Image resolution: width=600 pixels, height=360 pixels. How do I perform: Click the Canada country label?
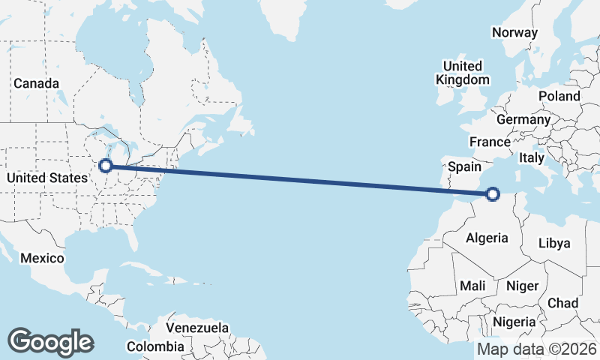35,83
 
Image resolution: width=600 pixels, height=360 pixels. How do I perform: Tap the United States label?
46,178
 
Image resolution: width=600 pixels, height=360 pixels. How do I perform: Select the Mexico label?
43,257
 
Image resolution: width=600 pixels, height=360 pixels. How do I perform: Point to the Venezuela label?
197,328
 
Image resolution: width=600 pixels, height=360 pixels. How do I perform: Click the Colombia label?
154,346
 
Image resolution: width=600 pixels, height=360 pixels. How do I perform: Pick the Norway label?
514,32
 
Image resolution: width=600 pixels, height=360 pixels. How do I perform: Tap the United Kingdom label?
463,72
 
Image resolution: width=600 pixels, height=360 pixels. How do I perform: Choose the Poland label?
559,96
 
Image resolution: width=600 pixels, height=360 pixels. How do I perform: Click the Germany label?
523,119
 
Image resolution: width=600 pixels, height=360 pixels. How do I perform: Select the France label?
490,142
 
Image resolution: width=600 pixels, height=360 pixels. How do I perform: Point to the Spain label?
464,167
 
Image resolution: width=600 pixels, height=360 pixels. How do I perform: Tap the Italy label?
532,158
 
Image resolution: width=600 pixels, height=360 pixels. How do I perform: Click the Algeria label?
487,238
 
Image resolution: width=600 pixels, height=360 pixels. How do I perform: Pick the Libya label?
555,243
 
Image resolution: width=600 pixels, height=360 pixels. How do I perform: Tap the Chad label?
563,303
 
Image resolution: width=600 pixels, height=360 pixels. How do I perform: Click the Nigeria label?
514,322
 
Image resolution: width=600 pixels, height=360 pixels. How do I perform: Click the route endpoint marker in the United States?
106,165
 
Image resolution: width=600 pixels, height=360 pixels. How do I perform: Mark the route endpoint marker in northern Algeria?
493,194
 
